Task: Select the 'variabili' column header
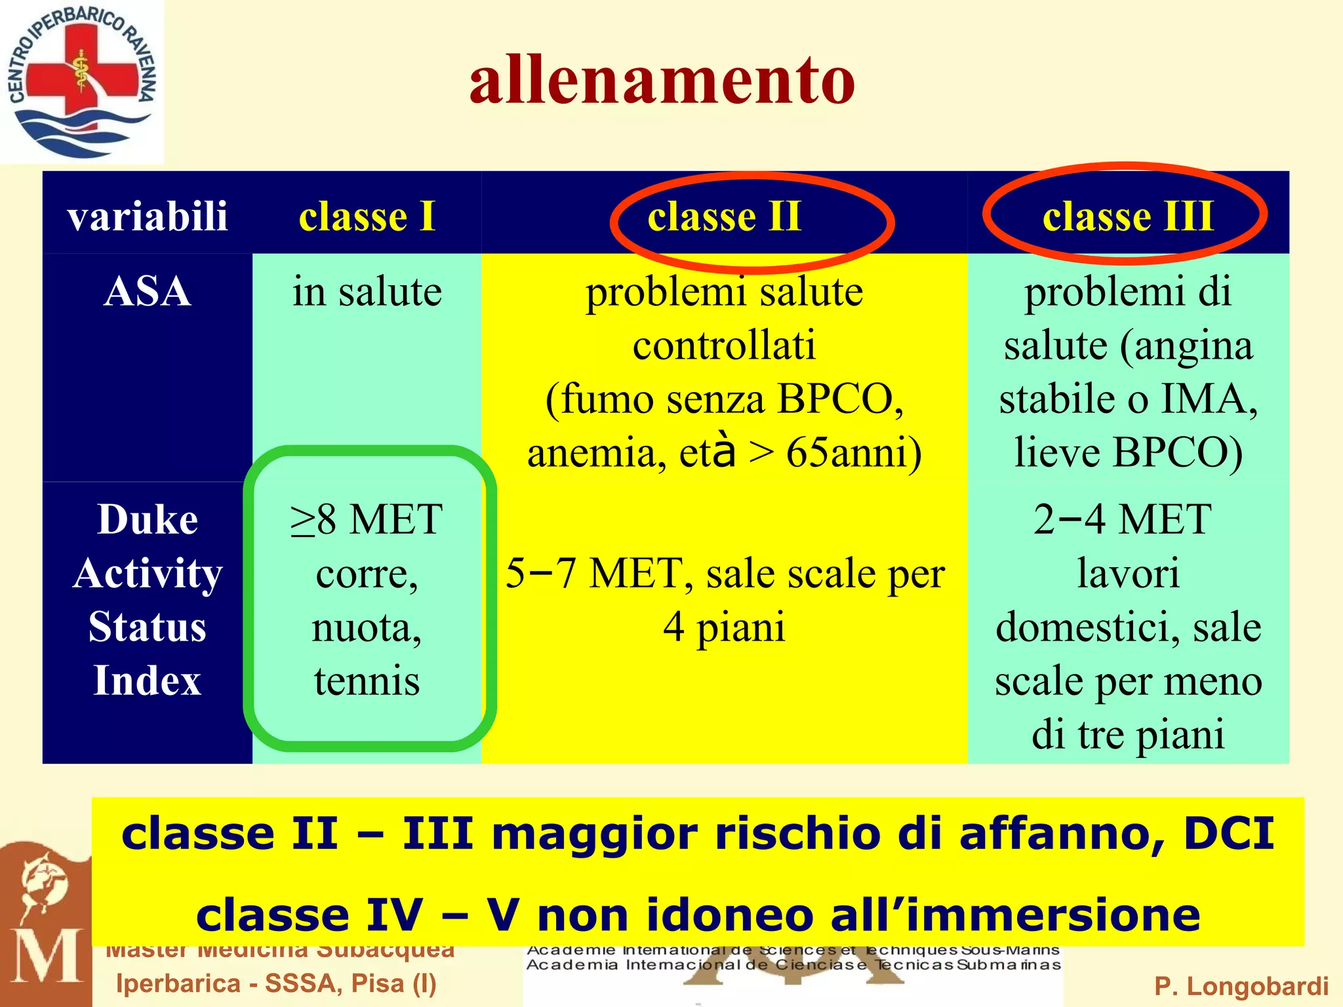coord(148,216)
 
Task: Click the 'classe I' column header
coord(367,216)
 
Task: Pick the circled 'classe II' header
coord(725,216)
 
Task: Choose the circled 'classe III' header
coord(1128,216)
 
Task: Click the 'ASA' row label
coord(148,291)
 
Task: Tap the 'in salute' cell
coord(367,291)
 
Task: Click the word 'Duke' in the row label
coord(148,520)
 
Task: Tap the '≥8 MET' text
coord(367,520)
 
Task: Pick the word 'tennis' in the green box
coord(367,681)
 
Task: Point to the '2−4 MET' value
coord(1122,520)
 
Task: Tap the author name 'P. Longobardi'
coord(1241,986)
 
